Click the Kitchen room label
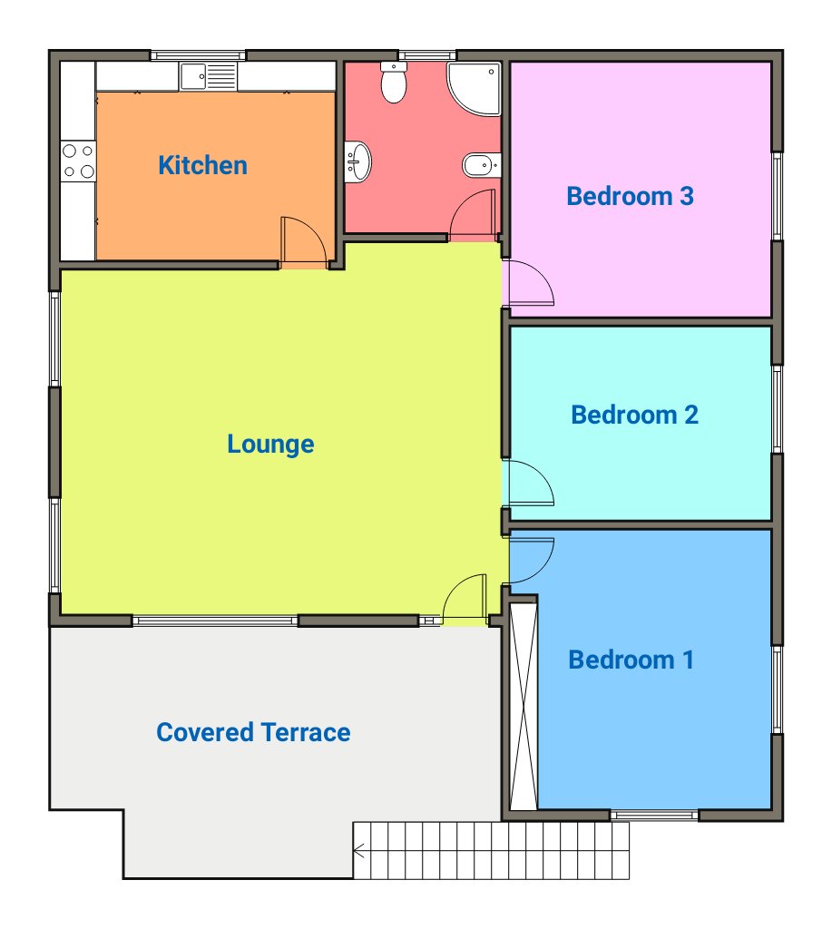(202, 165)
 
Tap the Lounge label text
(270, 445)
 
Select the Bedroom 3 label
(630, 196)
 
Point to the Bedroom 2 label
(635, 415)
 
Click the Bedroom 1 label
(631, 660)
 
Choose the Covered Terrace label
(253, 732)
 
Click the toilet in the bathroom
(394, 82)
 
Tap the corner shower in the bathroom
(474, 88)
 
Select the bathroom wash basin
(357, 161)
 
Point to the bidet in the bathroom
(481, 165)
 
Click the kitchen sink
(209, 77)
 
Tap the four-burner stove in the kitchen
(78, 161)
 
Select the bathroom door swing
(473, 215)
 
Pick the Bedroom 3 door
(528, 283)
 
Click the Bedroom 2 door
(528, 483)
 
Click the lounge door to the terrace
(465, 599)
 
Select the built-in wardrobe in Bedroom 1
(524, 706)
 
